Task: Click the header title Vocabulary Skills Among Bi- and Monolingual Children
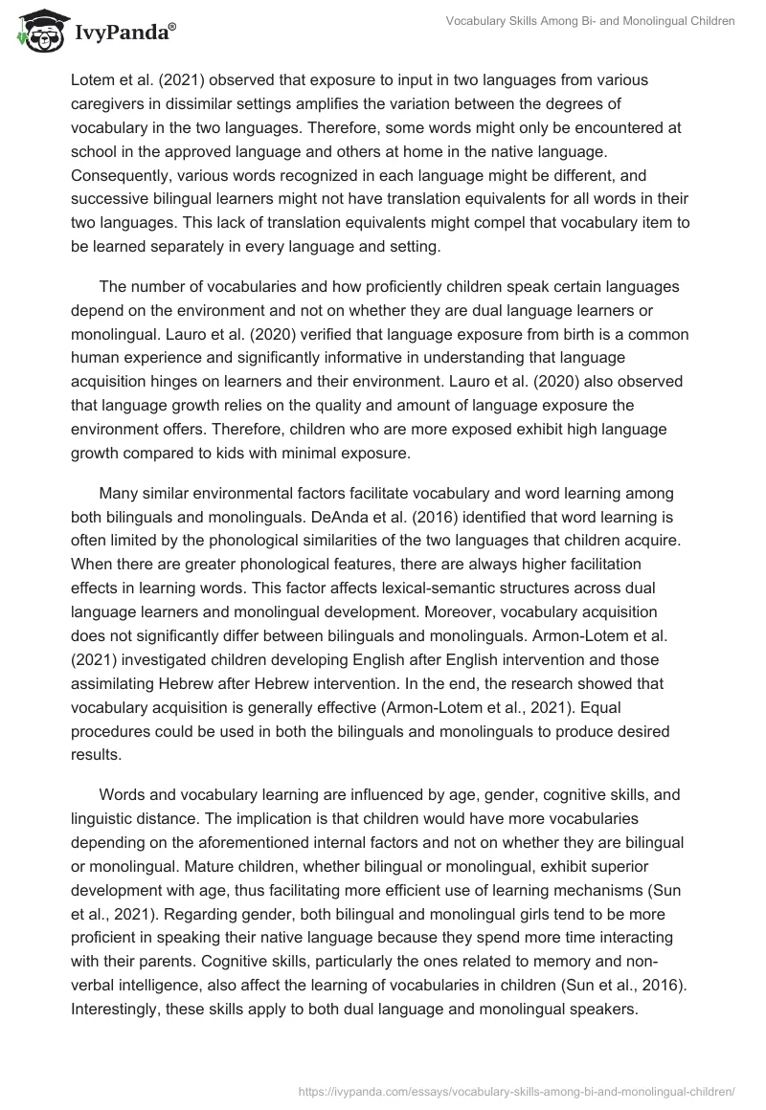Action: pyautogui.click(x=591, y=21)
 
